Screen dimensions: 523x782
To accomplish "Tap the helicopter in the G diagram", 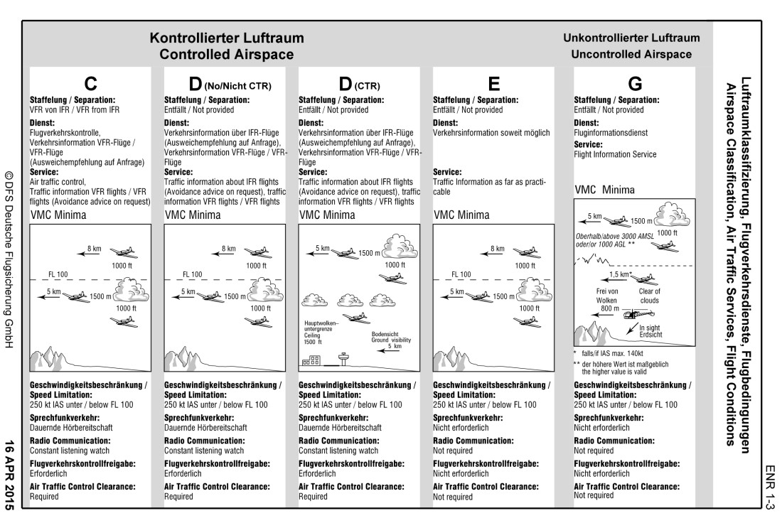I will (x=631, y=313).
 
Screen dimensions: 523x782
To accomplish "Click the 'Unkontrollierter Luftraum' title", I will (x=631, y=38).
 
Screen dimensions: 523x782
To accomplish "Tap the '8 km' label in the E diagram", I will (x=498, y=249).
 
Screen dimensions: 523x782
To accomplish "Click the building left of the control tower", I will (x=311, y=361).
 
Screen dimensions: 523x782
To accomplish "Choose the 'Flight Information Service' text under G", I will (x=615, y=154).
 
